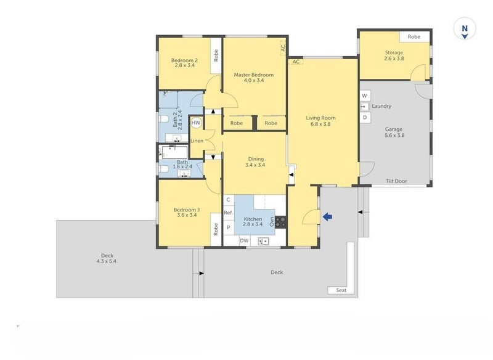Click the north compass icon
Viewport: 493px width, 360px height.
[x=465, y=28]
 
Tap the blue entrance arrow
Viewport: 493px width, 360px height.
[x=328, y=216]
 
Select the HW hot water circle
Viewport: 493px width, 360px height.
[x=196, y=123]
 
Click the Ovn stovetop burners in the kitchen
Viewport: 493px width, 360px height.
[x=280, y=222]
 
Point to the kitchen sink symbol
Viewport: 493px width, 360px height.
[x=264, y=241]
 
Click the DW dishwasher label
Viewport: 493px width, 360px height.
[x=244, y=241]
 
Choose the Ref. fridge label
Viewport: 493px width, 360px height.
[x=229, y=213]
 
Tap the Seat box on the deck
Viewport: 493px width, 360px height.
[x=341, y=290]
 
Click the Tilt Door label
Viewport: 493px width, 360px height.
[x=396, y=181]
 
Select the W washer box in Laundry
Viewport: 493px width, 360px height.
[x=365, y=96]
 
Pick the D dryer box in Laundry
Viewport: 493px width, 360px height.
[x=365, y=118]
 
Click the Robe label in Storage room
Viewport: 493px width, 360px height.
[x=414, y=37]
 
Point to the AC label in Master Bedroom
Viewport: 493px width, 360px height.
[x=283, y=48]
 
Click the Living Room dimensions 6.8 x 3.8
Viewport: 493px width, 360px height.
[x=320, y=124]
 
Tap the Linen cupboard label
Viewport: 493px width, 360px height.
[x=197, y=141]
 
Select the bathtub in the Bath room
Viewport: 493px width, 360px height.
[x=174, y=152]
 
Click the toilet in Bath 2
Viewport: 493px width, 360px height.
[x=163, y=120]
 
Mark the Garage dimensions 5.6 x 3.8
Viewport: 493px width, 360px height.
[x=394, y=136]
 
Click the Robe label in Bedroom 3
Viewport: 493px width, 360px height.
[x=216, y=229]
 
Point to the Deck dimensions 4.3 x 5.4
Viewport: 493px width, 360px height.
[x=107, y=261]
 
